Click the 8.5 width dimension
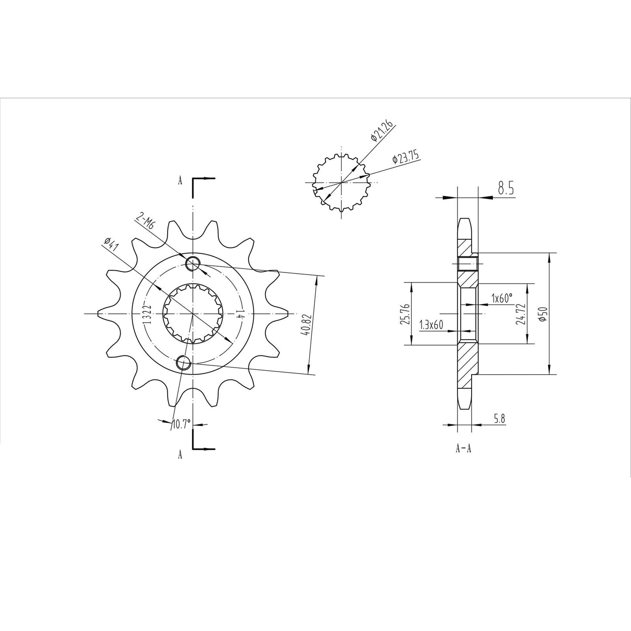pyautogui.click(x=505, y=190)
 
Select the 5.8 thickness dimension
pyautogui.click(x=500, y=418)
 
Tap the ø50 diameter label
pyautogui.click(x=542, y=314)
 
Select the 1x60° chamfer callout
pyautogui.click(x=501, y=299)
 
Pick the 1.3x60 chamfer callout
pyautogui.click(x=431, y=325)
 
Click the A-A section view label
pyautogui.click(x=463, y=448)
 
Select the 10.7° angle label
pyautogui.click(x=181, y=424)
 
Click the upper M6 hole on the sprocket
pyautogui.click(x=193, y=264)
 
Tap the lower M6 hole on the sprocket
pyautogui.click(x=183, y=363)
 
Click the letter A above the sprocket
pyautogui.click(x=180, y=181)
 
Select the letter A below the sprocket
pyautogui.click(x=180, y=455)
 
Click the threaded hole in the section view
pyautogui.click(x=468, y=263)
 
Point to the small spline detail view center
pyautogui.click(x=341, y=182)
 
